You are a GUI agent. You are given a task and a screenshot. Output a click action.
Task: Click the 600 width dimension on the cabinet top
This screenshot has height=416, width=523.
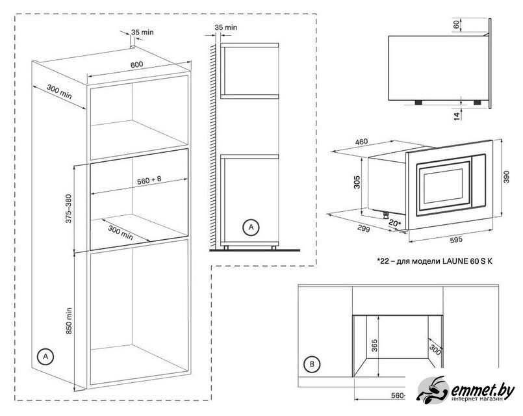point(136,64)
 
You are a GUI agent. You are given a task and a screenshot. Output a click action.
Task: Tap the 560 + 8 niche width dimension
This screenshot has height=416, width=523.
point(149,180)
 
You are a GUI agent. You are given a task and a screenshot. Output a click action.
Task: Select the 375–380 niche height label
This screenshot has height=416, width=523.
point(68,209)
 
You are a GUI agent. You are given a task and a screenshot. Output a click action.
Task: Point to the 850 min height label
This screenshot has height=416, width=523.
point(69,321)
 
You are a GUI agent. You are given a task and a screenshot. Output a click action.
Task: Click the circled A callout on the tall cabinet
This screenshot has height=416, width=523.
point(45,357)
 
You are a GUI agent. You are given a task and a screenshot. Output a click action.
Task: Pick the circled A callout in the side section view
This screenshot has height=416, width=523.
point(251,227)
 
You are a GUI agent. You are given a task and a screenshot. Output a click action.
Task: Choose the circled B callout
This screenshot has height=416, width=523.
point(312,364)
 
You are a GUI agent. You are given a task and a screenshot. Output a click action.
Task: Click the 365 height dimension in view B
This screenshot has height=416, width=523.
point(374,346)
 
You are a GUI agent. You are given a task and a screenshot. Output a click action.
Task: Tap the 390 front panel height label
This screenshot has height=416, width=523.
point(506,177)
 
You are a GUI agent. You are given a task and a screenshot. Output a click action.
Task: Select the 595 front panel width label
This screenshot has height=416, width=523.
point(456,240)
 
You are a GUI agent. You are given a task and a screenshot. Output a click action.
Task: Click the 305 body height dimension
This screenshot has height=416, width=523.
point(357,182)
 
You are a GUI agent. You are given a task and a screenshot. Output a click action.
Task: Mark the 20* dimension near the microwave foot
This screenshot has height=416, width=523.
point(395,223)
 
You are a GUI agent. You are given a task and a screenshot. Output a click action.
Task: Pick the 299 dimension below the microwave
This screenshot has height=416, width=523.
point(364,229)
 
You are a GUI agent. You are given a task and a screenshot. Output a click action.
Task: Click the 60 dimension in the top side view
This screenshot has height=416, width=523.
point(456,24)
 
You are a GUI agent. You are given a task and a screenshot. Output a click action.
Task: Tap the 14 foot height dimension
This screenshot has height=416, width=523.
point(457,116)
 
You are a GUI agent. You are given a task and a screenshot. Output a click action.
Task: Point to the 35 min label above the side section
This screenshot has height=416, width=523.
point(226,27)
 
